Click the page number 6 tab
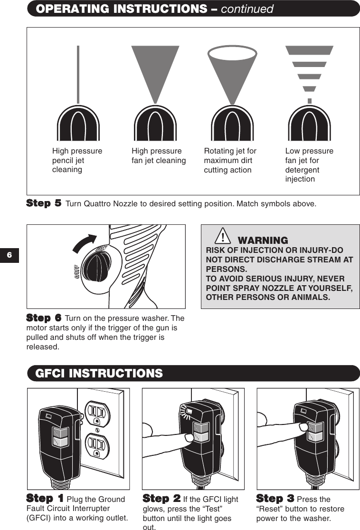(x=9, y=256)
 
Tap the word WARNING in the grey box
(x=263, y=241)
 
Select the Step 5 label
(x=44, y=203)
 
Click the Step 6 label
(x=44, y=318)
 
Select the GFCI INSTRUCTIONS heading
(x=99, y=374)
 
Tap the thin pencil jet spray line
(x=78, y=74)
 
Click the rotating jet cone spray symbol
(x=232, y=71)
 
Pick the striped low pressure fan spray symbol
(x=309, y=71)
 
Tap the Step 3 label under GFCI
(x=275, y=499)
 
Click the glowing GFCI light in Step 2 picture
(x=189, y=412)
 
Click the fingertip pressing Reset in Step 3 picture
(x=302, y=428)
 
